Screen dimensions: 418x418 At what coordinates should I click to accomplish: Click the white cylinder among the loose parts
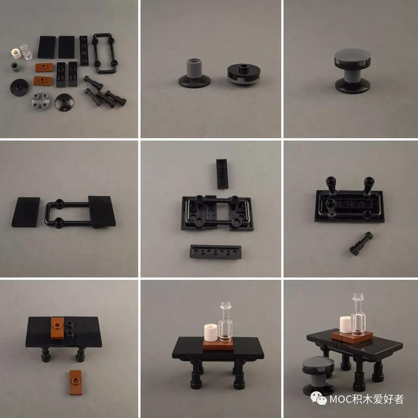point(16,55)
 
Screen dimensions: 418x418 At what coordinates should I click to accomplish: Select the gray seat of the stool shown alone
point(351,58)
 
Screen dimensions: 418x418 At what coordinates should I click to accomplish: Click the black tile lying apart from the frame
point(26,212)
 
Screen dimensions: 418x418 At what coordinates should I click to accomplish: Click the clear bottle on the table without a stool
point(225,323)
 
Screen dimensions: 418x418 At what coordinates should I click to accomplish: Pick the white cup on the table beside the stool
point(345,325)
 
